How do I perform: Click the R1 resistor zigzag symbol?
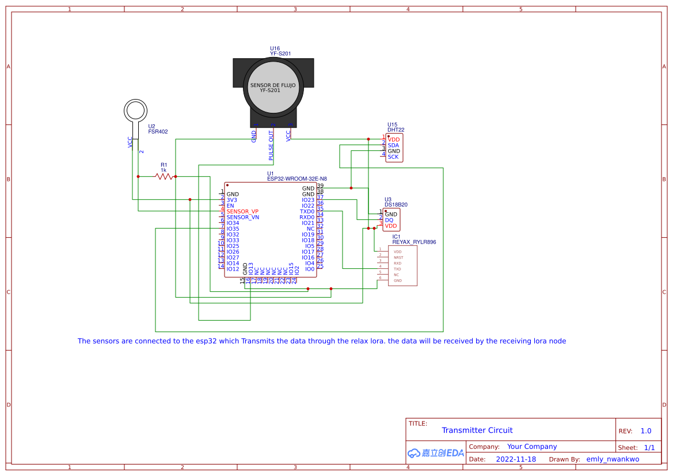(164, 177)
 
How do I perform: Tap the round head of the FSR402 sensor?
(136, 110)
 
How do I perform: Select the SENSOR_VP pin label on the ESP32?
(242, 211)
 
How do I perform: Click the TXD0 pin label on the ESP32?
(307, 211)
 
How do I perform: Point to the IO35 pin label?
(233, 229)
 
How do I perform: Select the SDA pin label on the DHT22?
(393, 145)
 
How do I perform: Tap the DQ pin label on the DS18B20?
(389, 220)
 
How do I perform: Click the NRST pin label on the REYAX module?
(398, 257)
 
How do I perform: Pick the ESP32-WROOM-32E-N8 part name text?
(296, 178)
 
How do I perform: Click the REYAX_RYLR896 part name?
(414, 242)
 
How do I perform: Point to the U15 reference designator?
(392, 124)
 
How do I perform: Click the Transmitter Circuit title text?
(477, 430)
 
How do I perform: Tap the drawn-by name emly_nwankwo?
(613, 459)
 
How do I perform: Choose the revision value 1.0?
(645, 431)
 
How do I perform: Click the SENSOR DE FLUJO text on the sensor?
(272, 85)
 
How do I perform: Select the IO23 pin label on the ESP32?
(308, 200)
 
